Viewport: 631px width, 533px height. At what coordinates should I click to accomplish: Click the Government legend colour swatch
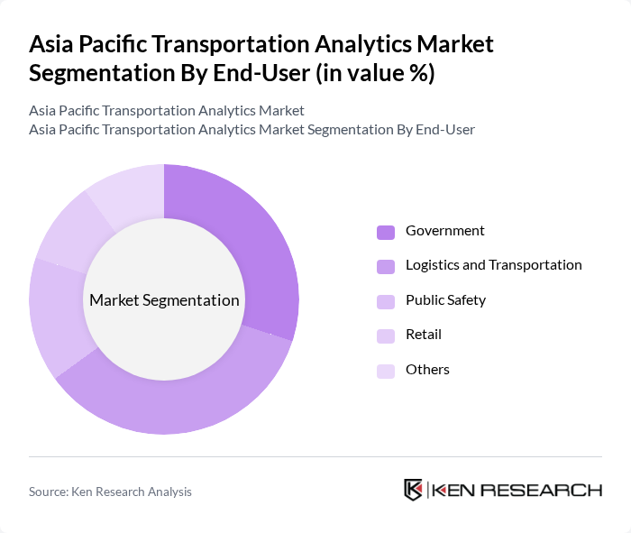(x=386, y=232)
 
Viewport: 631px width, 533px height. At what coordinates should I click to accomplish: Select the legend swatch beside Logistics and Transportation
(x=386, y=266)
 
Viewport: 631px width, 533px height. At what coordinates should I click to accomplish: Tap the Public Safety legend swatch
(x=386, y=301)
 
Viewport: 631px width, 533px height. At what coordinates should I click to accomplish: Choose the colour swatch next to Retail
(x=386, y=335)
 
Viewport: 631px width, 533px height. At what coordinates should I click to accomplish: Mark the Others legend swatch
(x=386, y=371)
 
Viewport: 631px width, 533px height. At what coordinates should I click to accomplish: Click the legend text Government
(x=444, y=231)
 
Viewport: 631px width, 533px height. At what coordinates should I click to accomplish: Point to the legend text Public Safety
(x=445, y=300)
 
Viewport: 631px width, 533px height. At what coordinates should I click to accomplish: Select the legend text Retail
(x=423, y=335)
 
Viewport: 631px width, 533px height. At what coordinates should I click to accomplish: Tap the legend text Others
(x=427, y=370)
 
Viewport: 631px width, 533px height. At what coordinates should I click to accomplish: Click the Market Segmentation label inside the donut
(x=164, y=300)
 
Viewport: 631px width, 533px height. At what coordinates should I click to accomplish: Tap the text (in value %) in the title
(x=374, y=74)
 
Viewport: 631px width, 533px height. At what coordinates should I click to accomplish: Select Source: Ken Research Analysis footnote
(x=110, y=492)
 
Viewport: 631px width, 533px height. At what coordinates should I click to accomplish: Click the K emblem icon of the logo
(x=414, y=490)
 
